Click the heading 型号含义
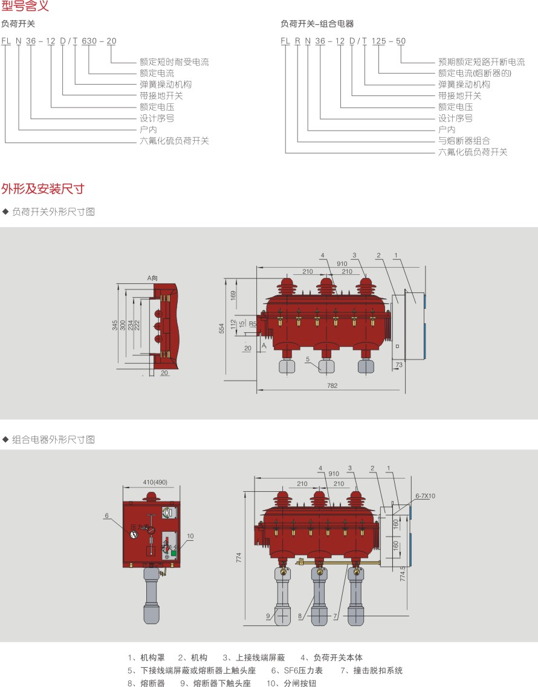[x=25, y=7]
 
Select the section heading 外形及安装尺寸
[x=42, y=189]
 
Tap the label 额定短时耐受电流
[x=174, y=62]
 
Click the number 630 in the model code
[x=89, y=41]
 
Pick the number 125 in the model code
[x=378, y=41]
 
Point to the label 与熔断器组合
[x=464, y=141]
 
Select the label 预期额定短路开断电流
[x=481, y=62]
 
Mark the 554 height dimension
[x=222, y=328]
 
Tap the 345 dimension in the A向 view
[x=115, y=325]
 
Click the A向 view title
[x=152, y=278]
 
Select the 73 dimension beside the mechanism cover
[x=398, y=366]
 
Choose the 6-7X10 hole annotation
[x=425, y=496]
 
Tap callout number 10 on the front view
[x=190, y=536]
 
